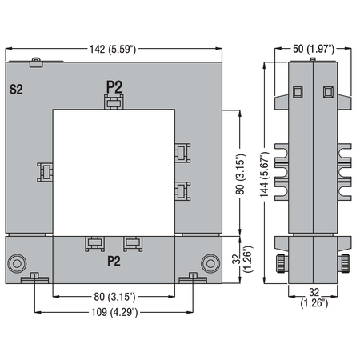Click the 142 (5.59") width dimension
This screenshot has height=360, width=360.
[x=113, y=50]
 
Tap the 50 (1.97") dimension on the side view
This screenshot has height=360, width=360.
[x=314, y=49]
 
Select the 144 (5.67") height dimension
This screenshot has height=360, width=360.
[x=265, y=175]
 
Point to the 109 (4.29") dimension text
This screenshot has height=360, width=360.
[x=114, y=312]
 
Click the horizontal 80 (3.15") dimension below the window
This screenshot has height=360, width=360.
[x=114, y=297]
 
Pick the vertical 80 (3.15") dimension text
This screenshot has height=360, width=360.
[x=240, y=174]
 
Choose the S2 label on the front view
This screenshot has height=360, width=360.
[x=16, y=90]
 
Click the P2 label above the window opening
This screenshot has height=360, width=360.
[x=114, y=87]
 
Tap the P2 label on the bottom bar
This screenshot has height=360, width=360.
[x=114, y=261]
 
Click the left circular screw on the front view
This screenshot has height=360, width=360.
[x=17, y=264]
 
